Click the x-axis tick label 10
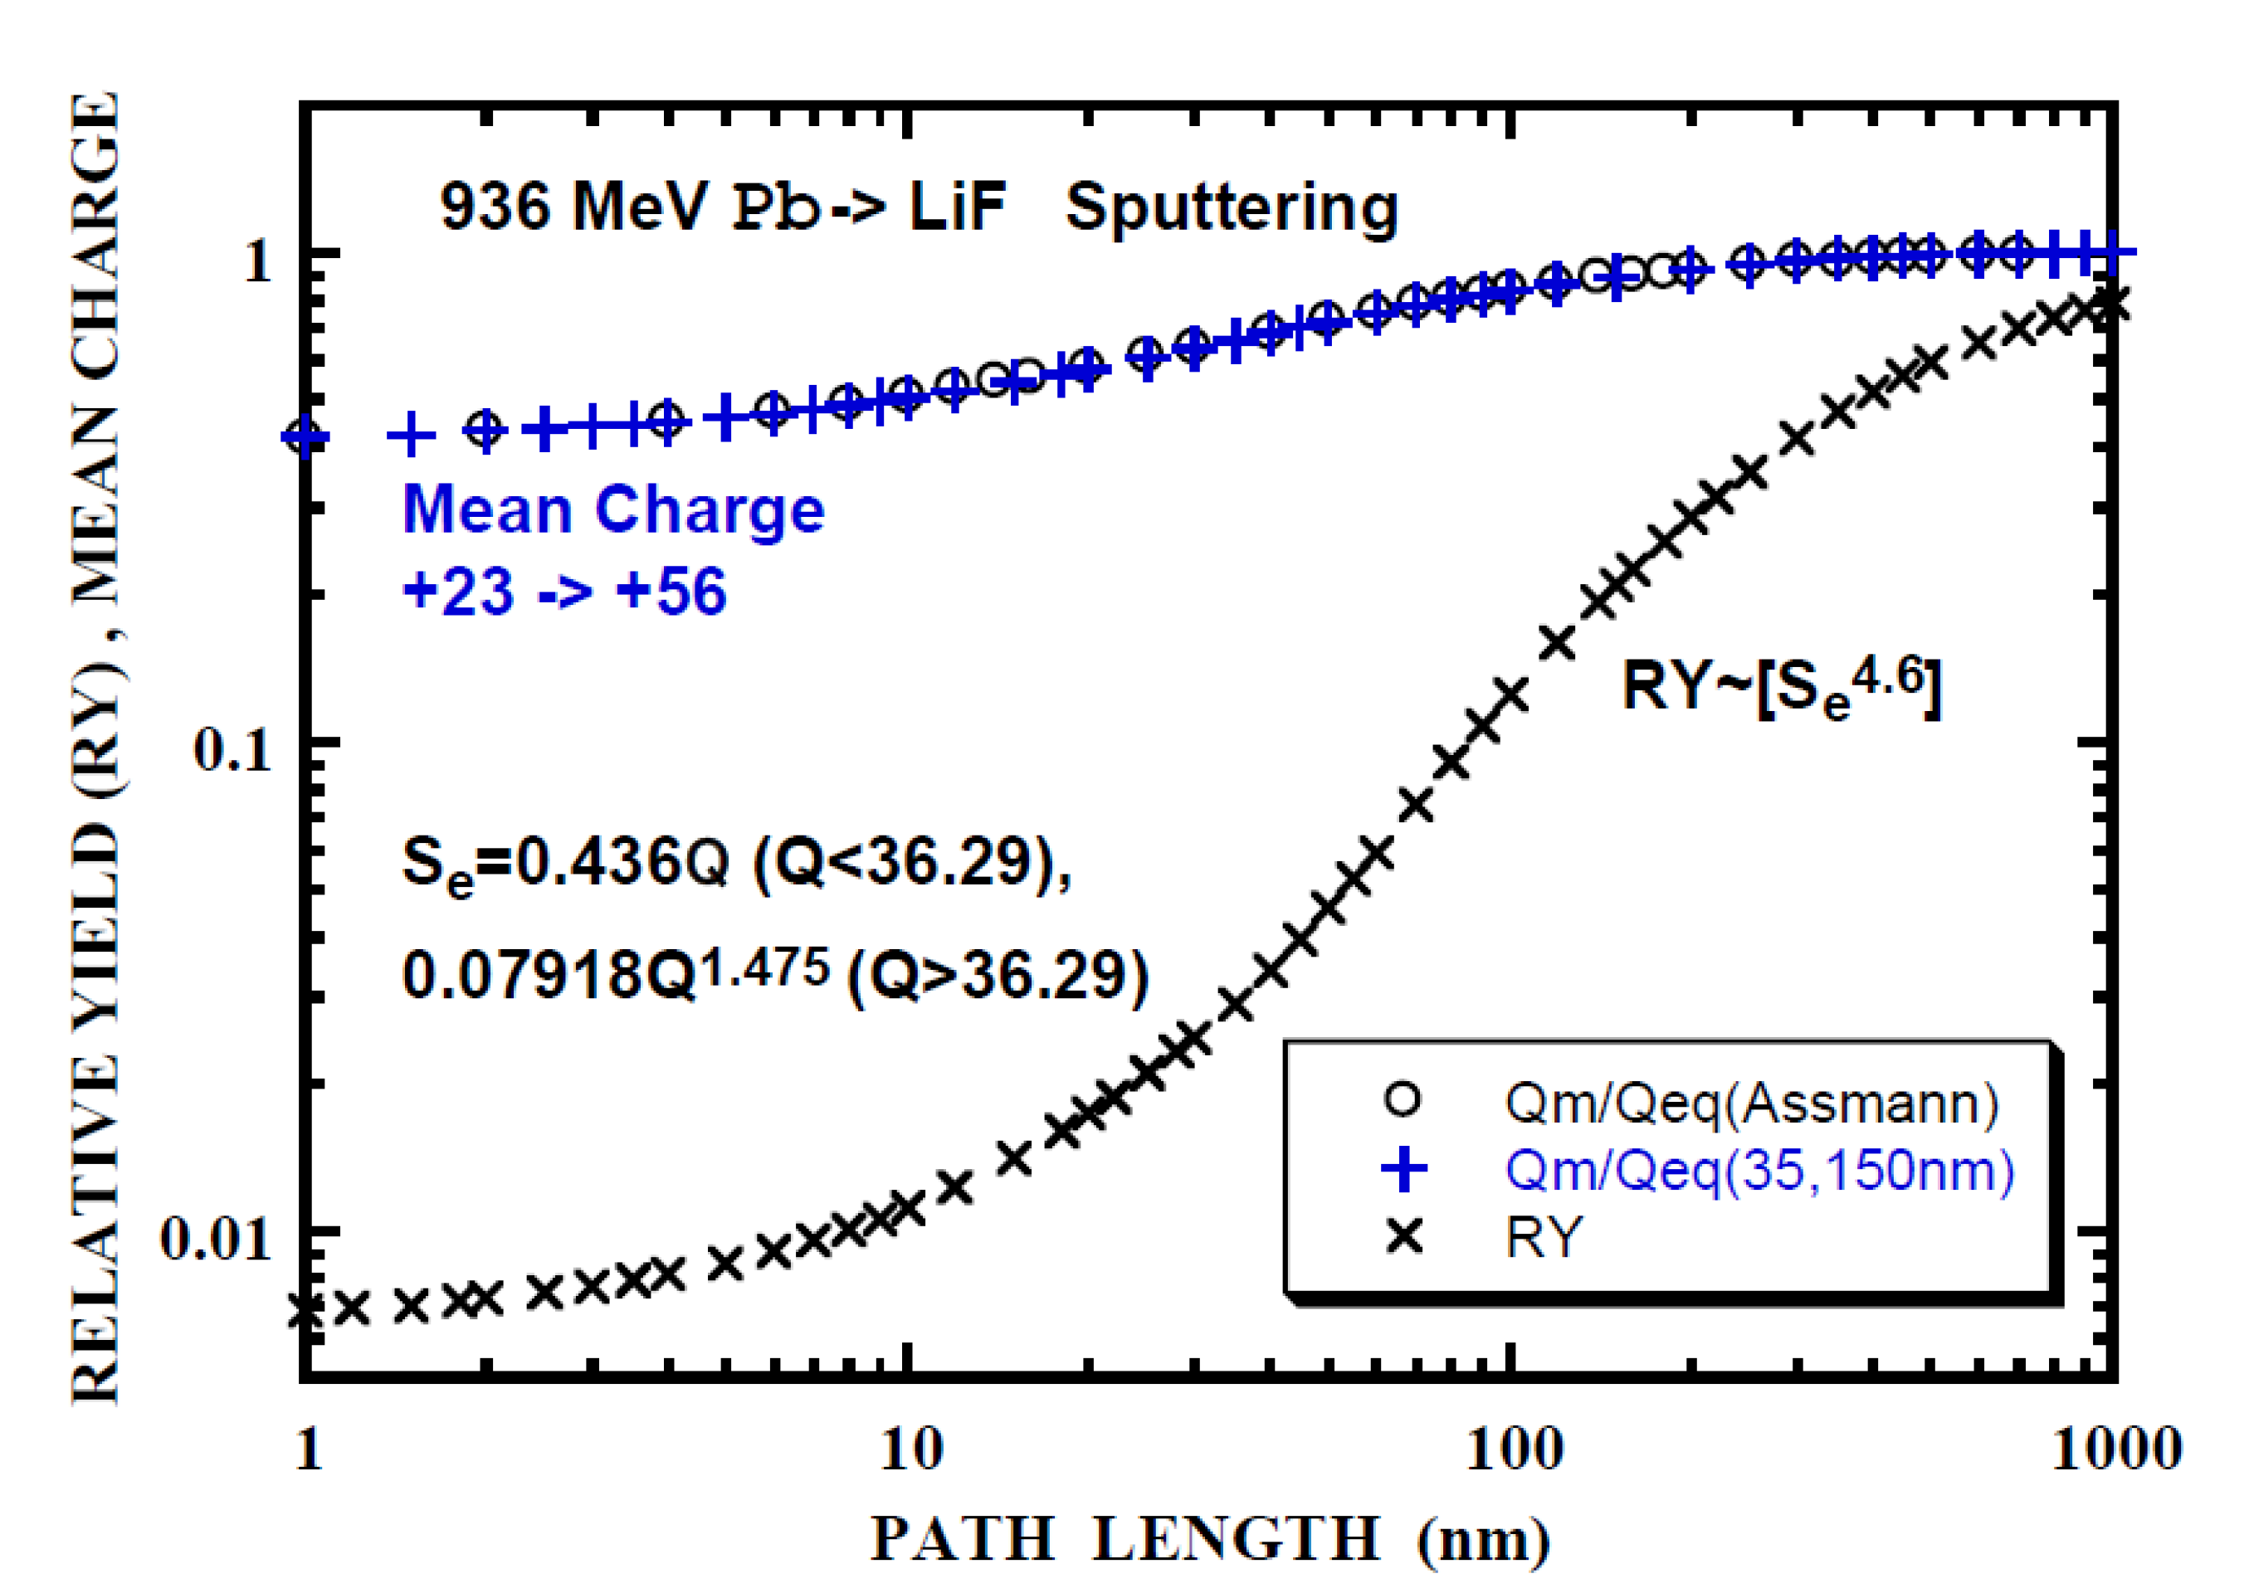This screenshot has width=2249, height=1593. (910, 1449)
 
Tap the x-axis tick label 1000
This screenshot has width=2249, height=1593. (2115, 1449)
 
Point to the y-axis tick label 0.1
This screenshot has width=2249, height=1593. (232, 750)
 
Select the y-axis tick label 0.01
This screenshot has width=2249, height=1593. (214, 1238)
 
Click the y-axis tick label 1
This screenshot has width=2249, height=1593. (257, 261)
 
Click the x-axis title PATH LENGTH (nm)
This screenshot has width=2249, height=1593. (1210, 1540)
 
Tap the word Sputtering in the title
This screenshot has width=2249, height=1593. (1232, 208)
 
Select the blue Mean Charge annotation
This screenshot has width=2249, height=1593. (613, 510)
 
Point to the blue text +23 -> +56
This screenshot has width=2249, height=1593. (564, 592)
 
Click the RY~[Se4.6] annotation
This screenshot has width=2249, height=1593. (1780, 687)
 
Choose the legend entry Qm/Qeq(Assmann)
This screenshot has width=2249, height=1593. (1752, 1103)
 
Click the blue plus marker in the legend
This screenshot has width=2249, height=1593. (1404, 1169)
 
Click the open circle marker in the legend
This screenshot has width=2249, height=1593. (1403, 1099)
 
